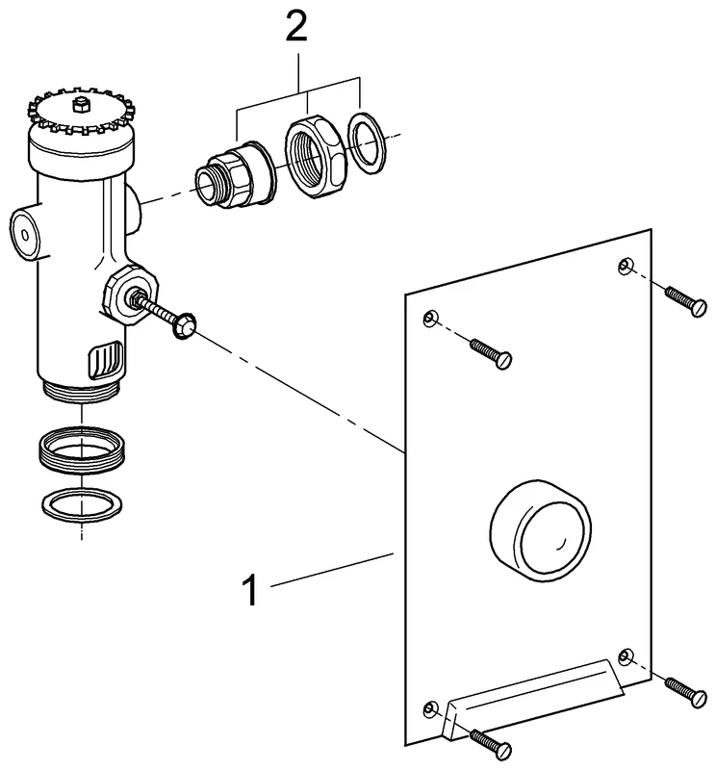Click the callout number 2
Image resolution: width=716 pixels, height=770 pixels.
pos(296,27)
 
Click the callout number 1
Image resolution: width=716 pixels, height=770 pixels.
pos(249,588)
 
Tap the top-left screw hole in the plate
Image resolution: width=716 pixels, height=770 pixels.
pos(430,319)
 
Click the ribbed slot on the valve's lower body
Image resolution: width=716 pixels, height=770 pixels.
pos(107,362)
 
